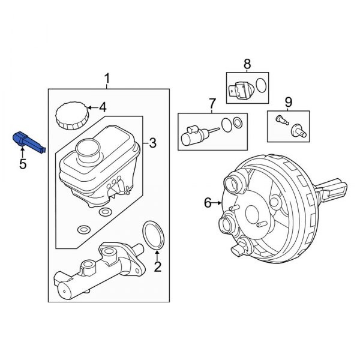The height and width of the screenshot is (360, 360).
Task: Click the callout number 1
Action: tap(107, 78)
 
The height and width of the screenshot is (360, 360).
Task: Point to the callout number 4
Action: tap(102, 108)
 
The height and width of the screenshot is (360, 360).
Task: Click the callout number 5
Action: tap(23, 163)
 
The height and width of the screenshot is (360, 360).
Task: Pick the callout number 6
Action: tap(208, 203)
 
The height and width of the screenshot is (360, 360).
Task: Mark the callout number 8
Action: tap(246, 64)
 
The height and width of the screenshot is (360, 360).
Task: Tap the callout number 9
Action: tap(287, 101)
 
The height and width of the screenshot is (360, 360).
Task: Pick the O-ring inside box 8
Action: tap(259, 85)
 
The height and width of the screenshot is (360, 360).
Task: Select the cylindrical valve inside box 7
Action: tap(194, 133)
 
